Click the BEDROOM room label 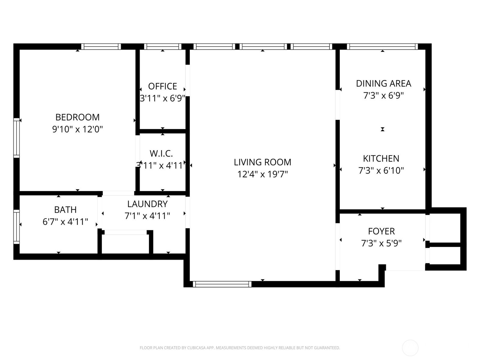pyautogui.click(x=77, y=117)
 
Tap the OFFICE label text pyautogui.click(x=163, y=86)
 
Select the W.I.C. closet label pyautogui.click(x=161, y=154)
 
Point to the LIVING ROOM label pyautogui.click(x=262, y=162)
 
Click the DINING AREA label pyautogui.click(x=384, y=83)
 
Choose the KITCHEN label pyautogui.click(x=381, y=158)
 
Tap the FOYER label pyautogui.click(x=381, y=231)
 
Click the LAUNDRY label pyautogui.click(x=147, y=204)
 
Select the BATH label pyautogui.click(x=65, y=210)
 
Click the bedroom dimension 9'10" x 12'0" pyautogui.click(x=77, y=129)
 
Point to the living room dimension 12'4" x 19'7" pyautogui.click(x=262, y=174)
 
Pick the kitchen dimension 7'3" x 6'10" pyautogui.click(x=381, y=170)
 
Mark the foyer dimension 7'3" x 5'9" pyautogui.click(x=381, y=243)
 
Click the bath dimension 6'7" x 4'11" pyautogui.click(x=65, y=222)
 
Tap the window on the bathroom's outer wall pyautogui.click(x=16, y=227)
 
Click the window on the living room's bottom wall pyautogui.click(x=222, y=284)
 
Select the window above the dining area pyautogui.click(x=382, y=46)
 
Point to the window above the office pyautogui.click(x=163, y=46)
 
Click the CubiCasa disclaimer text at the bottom pyautogui.click(x=240, y=348)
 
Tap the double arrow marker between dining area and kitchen pyautogui.click(x=382, y=129)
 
